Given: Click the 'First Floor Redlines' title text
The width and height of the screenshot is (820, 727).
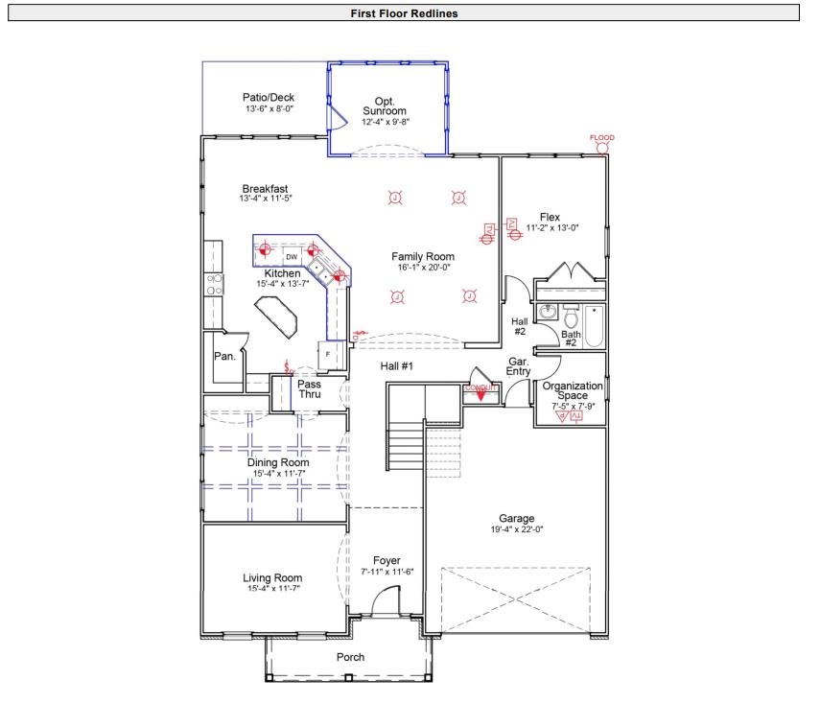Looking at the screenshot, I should [x=410, y=12].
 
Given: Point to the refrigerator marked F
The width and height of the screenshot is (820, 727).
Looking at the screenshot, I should [x=329, y=354].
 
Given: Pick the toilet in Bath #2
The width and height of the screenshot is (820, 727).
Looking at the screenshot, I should [x=572, y=317].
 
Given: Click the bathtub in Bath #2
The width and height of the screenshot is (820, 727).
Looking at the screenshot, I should [x=595, y=327].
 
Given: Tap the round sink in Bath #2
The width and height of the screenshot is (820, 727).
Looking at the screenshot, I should [x=548, y=312].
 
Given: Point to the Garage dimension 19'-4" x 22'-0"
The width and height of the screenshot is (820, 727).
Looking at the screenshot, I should [x=516, y=529].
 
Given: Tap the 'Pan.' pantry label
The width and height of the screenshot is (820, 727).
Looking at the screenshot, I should [x=224, y=356].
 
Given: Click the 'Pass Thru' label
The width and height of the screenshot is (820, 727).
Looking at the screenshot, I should [x=309, y=389].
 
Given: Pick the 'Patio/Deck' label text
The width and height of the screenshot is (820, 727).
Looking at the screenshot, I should [x=269, y=98].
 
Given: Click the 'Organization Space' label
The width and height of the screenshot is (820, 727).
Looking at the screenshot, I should [x=573, y=390].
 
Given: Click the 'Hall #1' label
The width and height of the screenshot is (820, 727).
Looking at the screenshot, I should [x=396, y=366].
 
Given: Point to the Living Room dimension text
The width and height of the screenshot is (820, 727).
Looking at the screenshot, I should [x=272, y=588].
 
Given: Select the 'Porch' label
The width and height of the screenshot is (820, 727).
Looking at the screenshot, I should [x=350, y=657].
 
